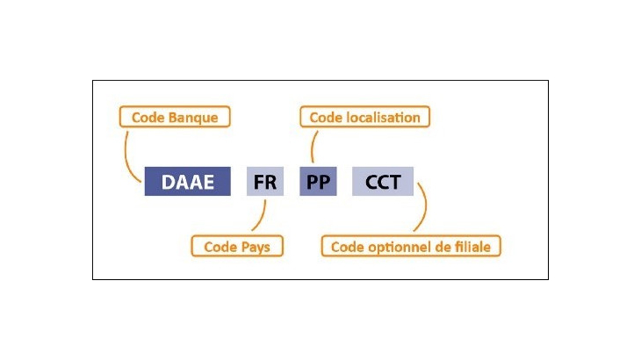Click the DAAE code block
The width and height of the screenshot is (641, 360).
coord(186,182)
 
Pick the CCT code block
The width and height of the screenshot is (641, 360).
coord(382,182)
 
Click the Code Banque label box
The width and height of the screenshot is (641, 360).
coord(174,117)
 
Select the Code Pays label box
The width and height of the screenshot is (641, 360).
coord(237,247)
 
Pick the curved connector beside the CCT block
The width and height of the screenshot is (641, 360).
coord(426,206)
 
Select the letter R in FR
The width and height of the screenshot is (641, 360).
coord(271,182)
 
